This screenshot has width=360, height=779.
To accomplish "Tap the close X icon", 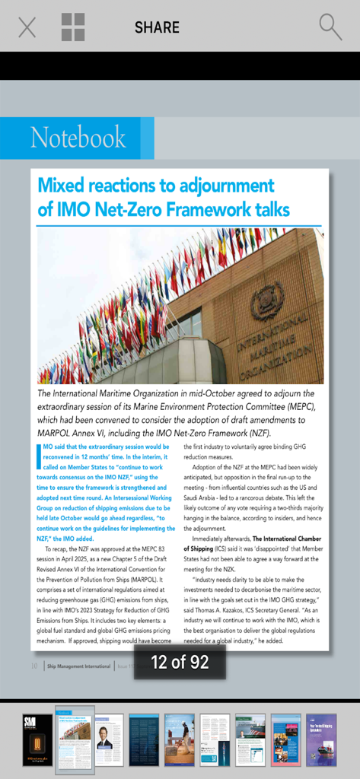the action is pos(27,27).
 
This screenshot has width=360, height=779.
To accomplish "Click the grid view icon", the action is pos(73,27).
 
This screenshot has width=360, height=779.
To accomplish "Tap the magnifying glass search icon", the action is pos(330,27).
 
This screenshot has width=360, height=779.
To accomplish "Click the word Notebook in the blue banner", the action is pos(78,138).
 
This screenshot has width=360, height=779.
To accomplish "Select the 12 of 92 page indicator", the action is pos(180,662).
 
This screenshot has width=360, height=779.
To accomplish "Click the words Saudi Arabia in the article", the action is pos(205,496).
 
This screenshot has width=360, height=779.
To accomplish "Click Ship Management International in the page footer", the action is pos(78,666).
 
